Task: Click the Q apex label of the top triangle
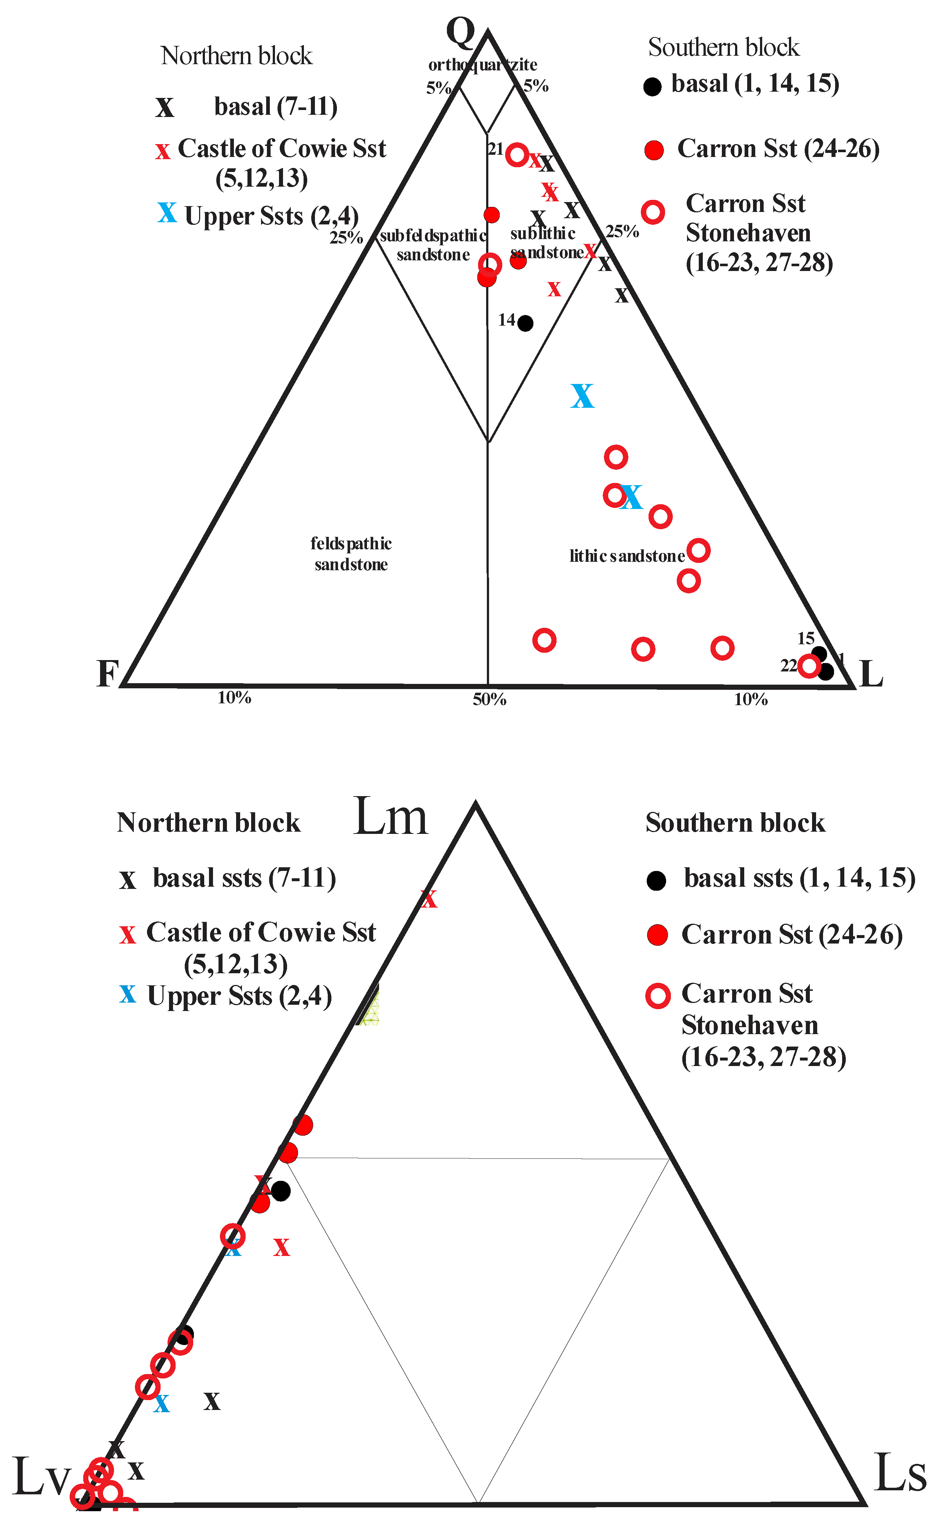[x=461, y=32]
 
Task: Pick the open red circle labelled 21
[x=517, y=154]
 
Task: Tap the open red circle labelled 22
[x=808, y=666]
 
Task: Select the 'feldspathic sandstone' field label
[x=351, y=554]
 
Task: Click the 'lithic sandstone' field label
[x=627, y=556]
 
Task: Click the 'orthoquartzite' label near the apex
[x=482, y=65]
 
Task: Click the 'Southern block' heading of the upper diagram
[x=724, y=47]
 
